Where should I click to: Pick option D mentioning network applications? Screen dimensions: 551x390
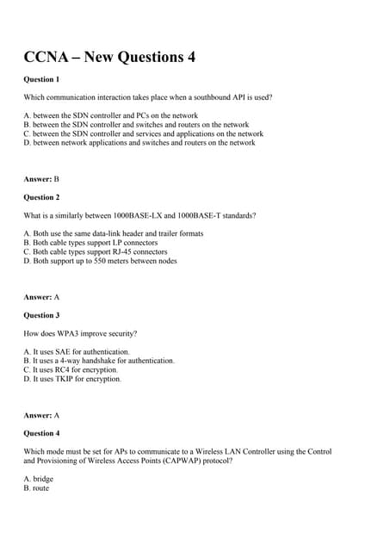pos(139,143)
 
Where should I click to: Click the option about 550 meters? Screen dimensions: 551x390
pos(100,261)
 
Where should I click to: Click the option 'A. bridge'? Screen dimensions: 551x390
pos(38,479)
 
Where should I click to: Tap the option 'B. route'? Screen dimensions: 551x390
pos(36,488)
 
